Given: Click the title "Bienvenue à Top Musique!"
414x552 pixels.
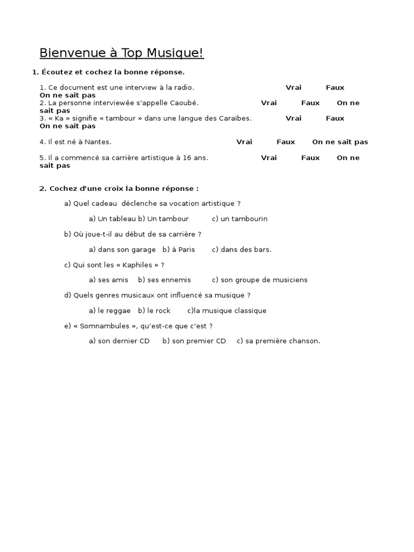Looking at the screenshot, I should pos(122,53).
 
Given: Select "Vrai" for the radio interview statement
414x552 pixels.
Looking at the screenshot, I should pos(293,87).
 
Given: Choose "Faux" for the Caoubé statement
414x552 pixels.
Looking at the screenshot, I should pos(310,103).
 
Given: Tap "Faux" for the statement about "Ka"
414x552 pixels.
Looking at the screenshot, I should pos(335,118).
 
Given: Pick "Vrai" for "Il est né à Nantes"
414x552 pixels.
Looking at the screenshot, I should pos(244,142).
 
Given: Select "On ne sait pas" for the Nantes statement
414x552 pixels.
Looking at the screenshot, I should pos(340,142).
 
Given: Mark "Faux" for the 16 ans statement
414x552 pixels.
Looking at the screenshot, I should pos(310,157).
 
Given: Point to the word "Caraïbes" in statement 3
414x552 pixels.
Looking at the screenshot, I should pos(236,118).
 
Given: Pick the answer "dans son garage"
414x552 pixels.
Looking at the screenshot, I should pos(127,250).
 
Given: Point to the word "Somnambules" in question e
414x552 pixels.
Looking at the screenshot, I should pos(102,326).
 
